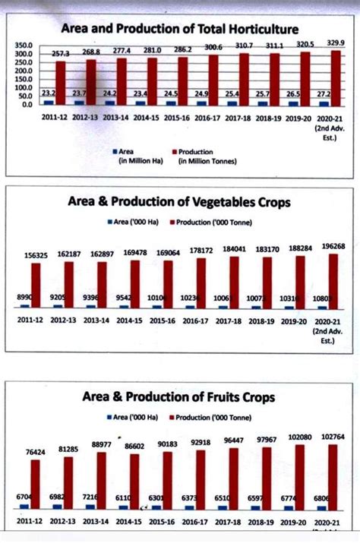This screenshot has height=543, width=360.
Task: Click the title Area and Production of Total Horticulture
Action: (x=179, y=29)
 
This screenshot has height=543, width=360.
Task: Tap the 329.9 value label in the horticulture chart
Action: (x=334, y=43)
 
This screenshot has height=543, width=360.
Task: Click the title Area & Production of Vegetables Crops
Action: (x=179, y=203)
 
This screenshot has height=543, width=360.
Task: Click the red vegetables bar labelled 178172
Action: (x=201, y=283)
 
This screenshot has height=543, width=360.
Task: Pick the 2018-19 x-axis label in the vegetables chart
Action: (x=267, y=322)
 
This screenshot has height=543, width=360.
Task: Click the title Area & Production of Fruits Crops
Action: (x=179, y=397)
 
